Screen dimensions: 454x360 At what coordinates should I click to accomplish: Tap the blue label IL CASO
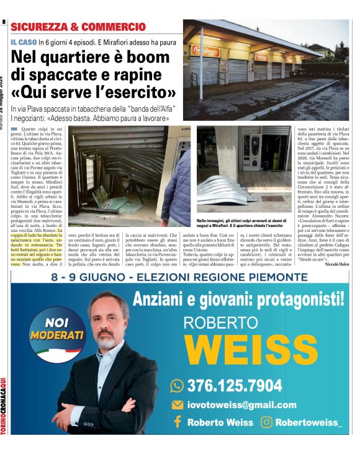point(23,42)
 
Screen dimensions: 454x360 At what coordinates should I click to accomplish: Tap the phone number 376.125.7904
point(234,386)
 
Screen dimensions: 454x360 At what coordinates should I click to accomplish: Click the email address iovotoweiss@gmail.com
point(241,405)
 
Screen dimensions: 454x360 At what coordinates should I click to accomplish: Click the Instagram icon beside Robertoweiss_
point(267,422)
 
